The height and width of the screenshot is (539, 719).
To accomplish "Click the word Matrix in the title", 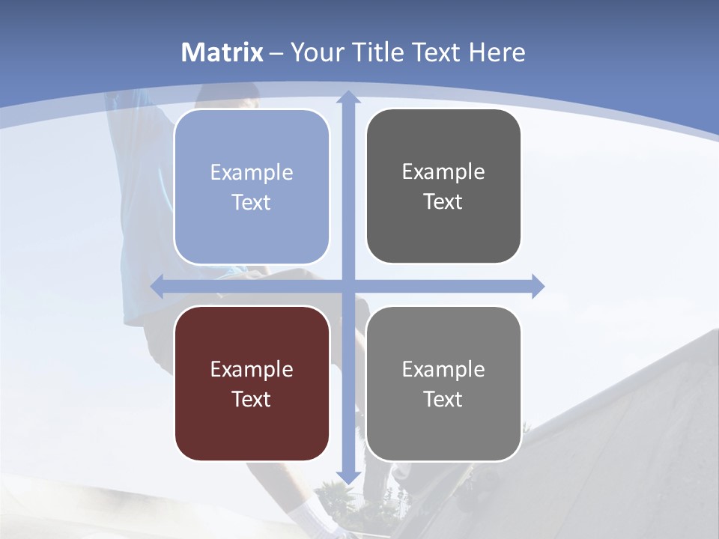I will tap(222, 52).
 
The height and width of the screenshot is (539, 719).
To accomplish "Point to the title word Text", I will tap(438, 52).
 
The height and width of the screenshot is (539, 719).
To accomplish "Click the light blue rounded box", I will tap(252, 187).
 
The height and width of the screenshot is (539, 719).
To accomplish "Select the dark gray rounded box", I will tap(443, 186).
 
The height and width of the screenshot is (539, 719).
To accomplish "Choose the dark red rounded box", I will tap(252, 383).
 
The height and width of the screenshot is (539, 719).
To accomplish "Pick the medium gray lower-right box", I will tap(443, 383).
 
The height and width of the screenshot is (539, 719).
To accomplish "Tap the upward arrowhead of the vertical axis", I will tap(348, 96).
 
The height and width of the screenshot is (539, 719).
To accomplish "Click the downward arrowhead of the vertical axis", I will tap(348, 478).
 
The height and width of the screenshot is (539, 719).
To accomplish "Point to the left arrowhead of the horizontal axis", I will tap(157, 286).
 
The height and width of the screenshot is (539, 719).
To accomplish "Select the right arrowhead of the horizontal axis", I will tap(538, 286).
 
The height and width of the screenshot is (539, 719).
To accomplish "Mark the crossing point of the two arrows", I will tap(348, 286).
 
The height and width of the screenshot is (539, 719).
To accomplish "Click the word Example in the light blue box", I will tap(252, 173).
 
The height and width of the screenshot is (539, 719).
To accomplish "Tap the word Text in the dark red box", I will tap(252, 399).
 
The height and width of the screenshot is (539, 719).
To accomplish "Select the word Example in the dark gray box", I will tap(443, 172).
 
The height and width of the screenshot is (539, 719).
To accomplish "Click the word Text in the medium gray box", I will tap(443, 399).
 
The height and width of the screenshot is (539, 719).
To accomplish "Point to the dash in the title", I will tap(277, 53).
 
